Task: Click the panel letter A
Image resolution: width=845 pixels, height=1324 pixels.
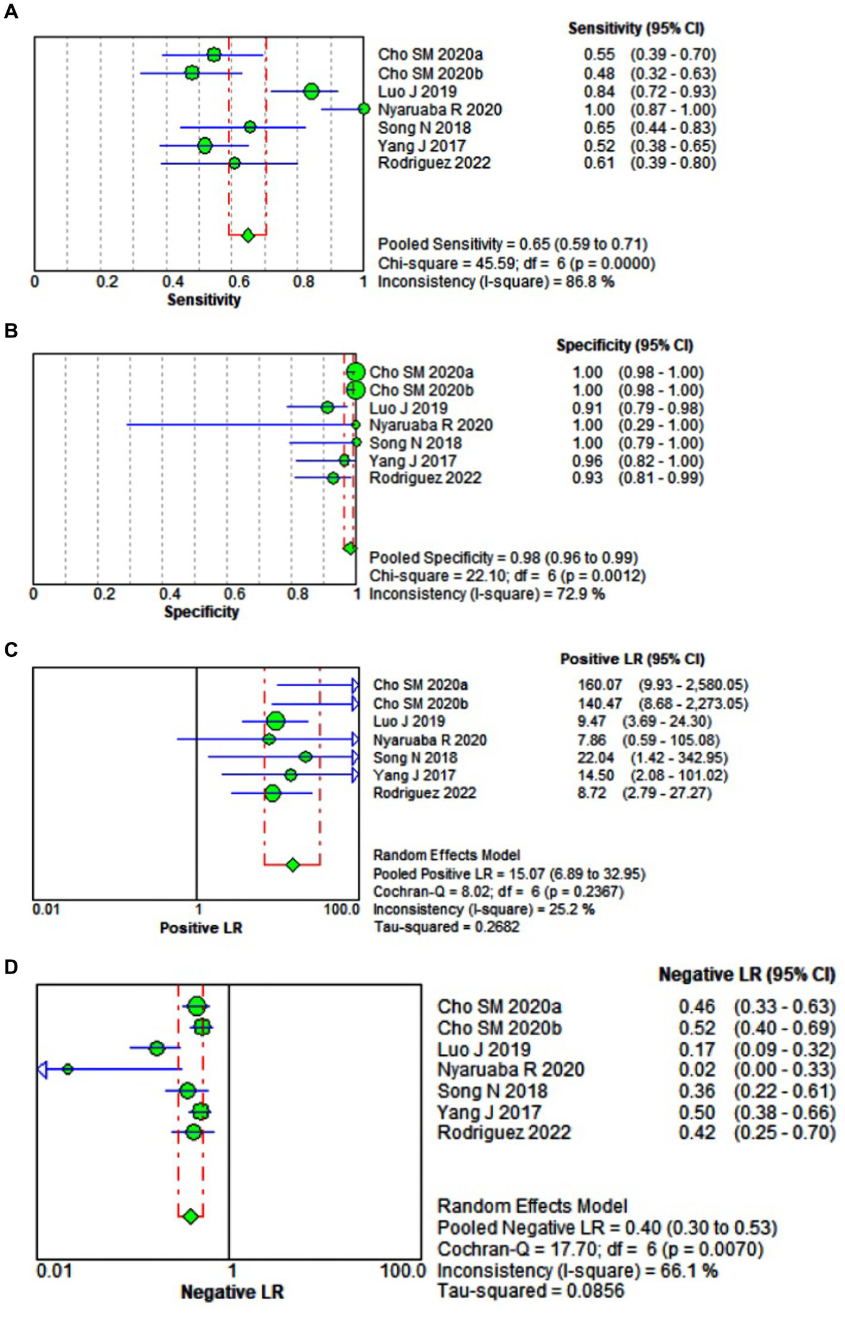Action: pyautogui.click(x=11, y=11)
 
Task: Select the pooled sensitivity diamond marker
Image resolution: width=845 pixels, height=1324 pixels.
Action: pyautogui.click(x=248, y=235)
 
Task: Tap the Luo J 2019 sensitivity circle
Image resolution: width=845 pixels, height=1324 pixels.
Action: pyautogui.click(x=311, y=91)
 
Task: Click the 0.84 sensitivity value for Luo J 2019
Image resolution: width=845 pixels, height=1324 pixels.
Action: pyautogui.click(x=599, y=92)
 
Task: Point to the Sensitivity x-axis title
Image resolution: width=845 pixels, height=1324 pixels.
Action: pyautogui.click(x=204, y=299)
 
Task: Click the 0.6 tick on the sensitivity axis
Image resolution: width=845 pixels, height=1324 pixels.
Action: pyautogui.click(x=239, y=281)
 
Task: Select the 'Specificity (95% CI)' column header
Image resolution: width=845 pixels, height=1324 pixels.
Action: pyautogui.click(x=624, y=345)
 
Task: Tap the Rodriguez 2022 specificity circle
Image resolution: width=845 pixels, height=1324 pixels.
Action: pyautogui.click(x=333, y=477)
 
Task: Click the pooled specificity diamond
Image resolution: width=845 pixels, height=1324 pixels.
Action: pyautogui.click(x=350, y=548)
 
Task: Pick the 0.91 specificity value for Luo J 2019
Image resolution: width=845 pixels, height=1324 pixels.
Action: pyautogui.click(x=587, y=408)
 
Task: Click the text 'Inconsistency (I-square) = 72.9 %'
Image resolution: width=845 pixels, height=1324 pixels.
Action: pyautogui.click(x=487, y=594)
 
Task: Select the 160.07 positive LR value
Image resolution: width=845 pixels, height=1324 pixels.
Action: pyautogui.click(x=599, y=685)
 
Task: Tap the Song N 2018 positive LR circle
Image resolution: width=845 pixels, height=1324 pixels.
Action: pyautogui.click(x=305, y=756)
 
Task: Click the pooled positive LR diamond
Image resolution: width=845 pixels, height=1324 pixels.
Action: pyautogui.click(x=292, y=864)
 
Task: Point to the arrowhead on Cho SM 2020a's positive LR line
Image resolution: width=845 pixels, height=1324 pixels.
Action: pyautogui.click(x=355, y=685)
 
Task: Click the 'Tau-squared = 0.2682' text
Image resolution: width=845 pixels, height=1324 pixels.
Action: pyautogui.click(x=446, y=926)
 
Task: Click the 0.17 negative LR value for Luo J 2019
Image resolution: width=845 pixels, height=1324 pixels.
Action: pyautogui.click(x=697, y=1049)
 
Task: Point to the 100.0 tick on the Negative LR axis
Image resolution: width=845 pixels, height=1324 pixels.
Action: pyautogui.click(x=403, y=1270)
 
